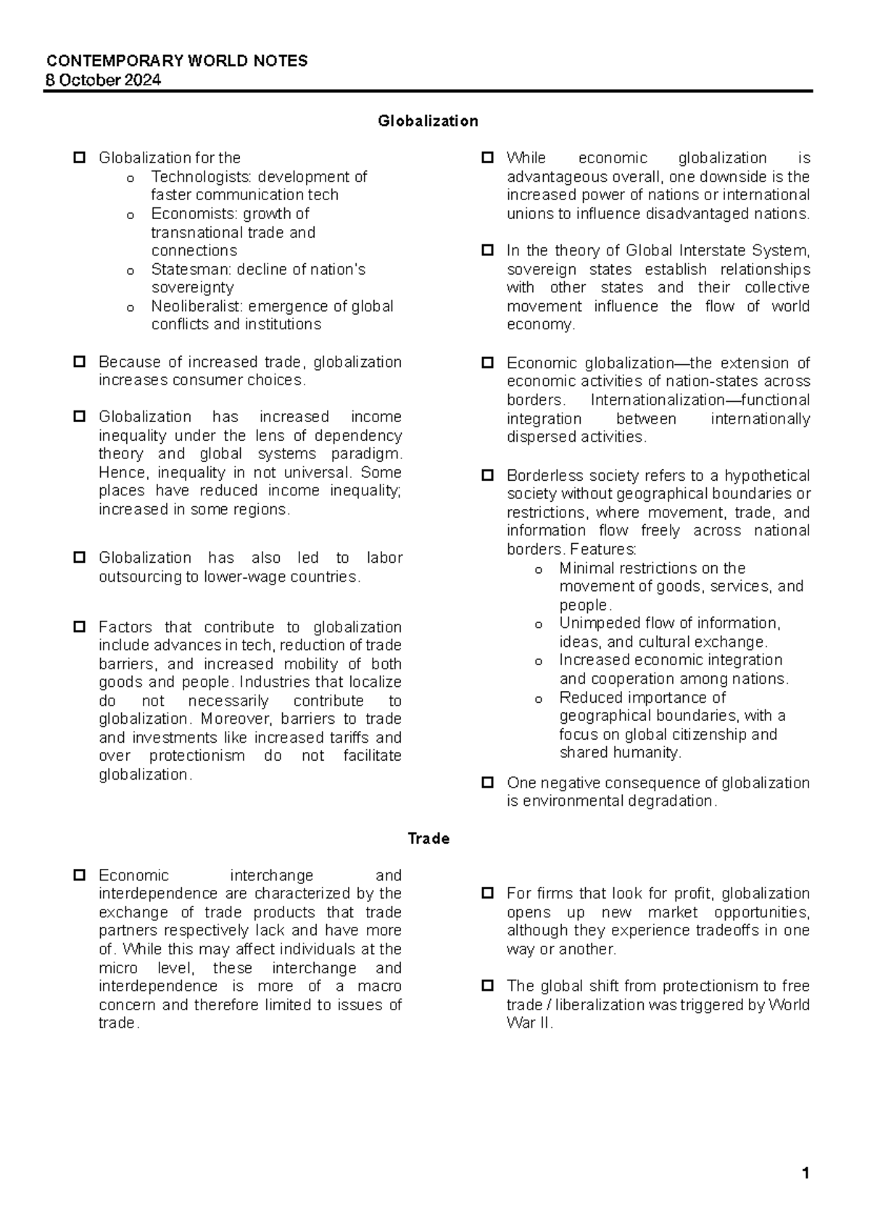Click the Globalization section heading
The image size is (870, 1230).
428,121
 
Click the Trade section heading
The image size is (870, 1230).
428,838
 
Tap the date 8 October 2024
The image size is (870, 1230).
103,80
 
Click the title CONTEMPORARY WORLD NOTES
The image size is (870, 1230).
176,61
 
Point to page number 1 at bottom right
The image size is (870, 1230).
805,1173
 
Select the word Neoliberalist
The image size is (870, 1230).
197,306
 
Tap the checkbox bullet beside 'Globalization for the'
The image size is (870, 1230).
80,157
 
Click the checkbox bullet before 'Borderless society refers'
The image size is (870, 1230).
488,476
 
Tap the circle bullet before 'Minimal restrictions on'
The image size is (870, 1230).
538,570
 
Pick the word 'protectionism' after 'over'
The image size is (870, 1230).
197,756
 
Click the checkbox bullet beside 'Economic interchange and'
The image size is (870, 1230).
80,875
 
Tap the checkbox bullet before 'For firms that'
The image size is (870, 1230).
488,893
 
